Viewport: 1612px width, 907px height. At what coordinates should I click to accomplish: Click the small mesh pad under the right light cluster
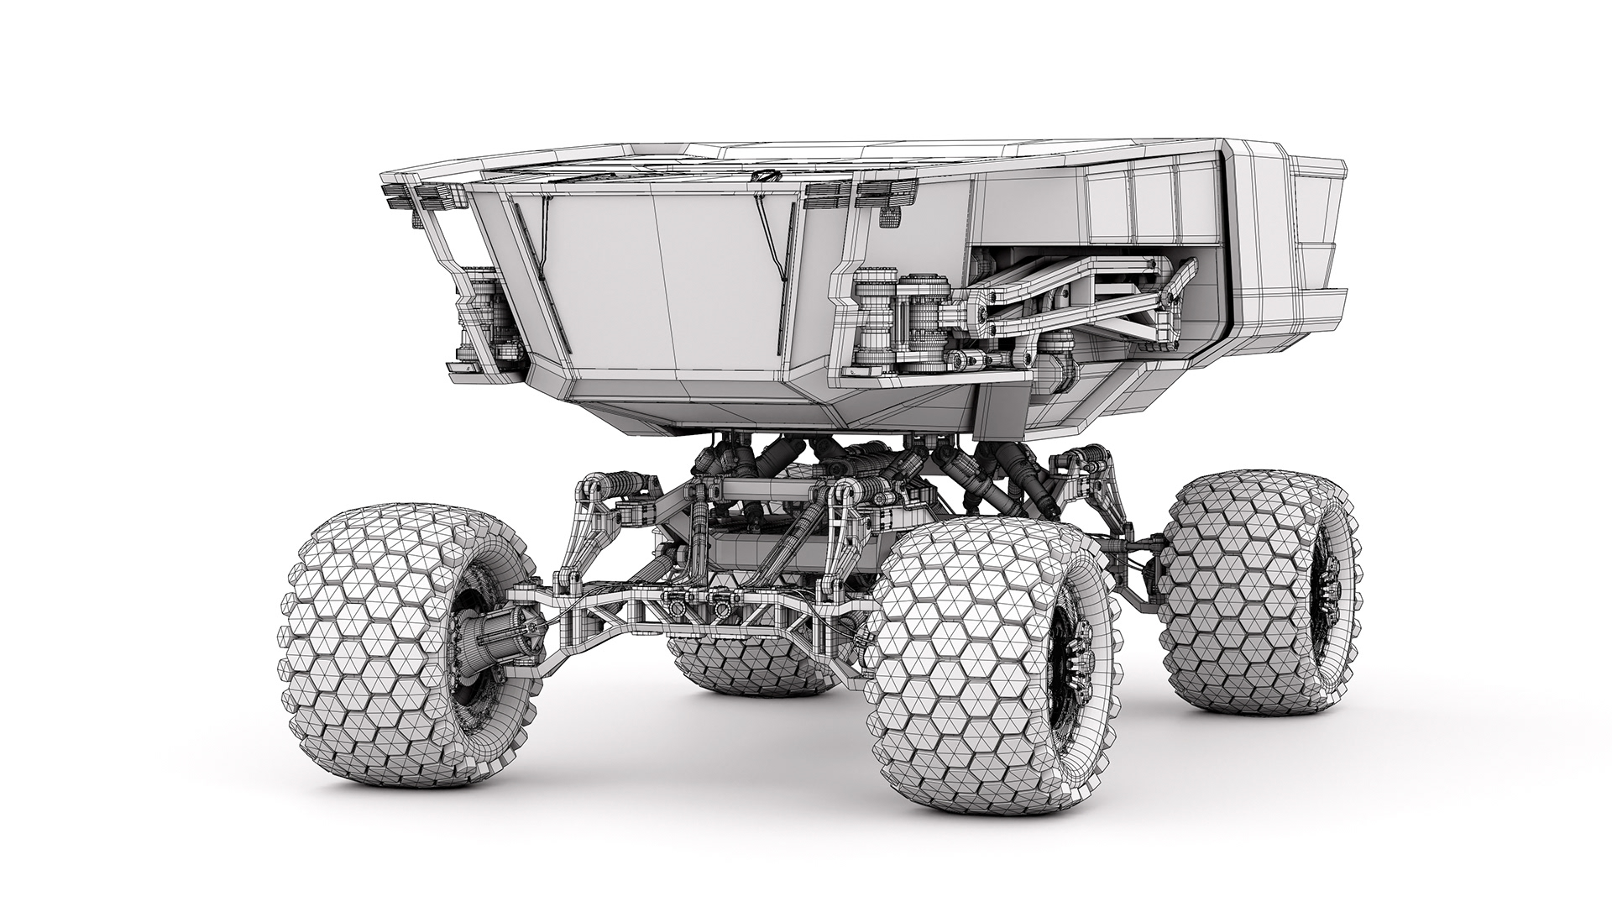tap(888, 218)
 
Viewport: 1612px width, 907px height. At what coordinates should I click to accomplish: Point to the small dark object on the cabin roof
tap(765, 178)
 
